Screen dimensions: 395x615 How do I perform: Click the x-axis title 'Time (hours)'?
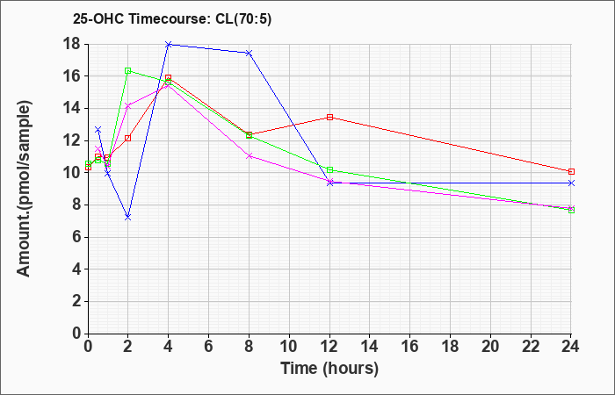pos(329,369)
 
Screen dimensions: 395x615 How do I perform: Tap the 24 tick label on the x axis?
pos(572,347)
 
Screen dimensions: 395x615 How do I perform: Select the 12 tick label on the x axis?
pos(329,347)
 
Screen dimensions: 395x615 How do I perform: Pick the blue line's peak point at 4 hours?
pos(168,44)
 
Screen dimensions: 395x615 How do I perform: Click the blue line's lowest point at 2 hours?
pos(127,216)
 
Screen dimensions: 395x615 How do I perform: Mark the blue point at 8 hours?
pos(249,53)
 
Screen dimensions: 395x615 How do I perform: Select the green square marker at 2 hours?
pos(127,70)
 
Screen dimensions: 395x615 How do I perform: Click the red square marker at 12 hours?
pos(329,117)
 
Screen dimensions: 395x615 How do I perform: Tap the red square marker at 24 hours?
pos(572,171)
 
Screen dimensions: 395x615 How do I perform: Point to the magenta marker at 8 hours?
pos(249,155)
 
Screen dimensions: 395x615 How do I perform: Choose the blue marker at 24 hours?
pos(572,183)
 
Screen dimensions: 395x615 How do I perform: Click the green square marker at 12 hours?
pos(329,169)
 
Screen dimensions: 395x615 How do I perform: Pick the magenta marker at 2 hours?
pos(127,105)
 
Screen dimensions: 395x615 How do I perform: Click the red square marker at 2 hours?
pos(127,138)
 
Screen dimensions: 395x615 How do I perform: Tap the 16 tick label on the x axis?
pos(410,347)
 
